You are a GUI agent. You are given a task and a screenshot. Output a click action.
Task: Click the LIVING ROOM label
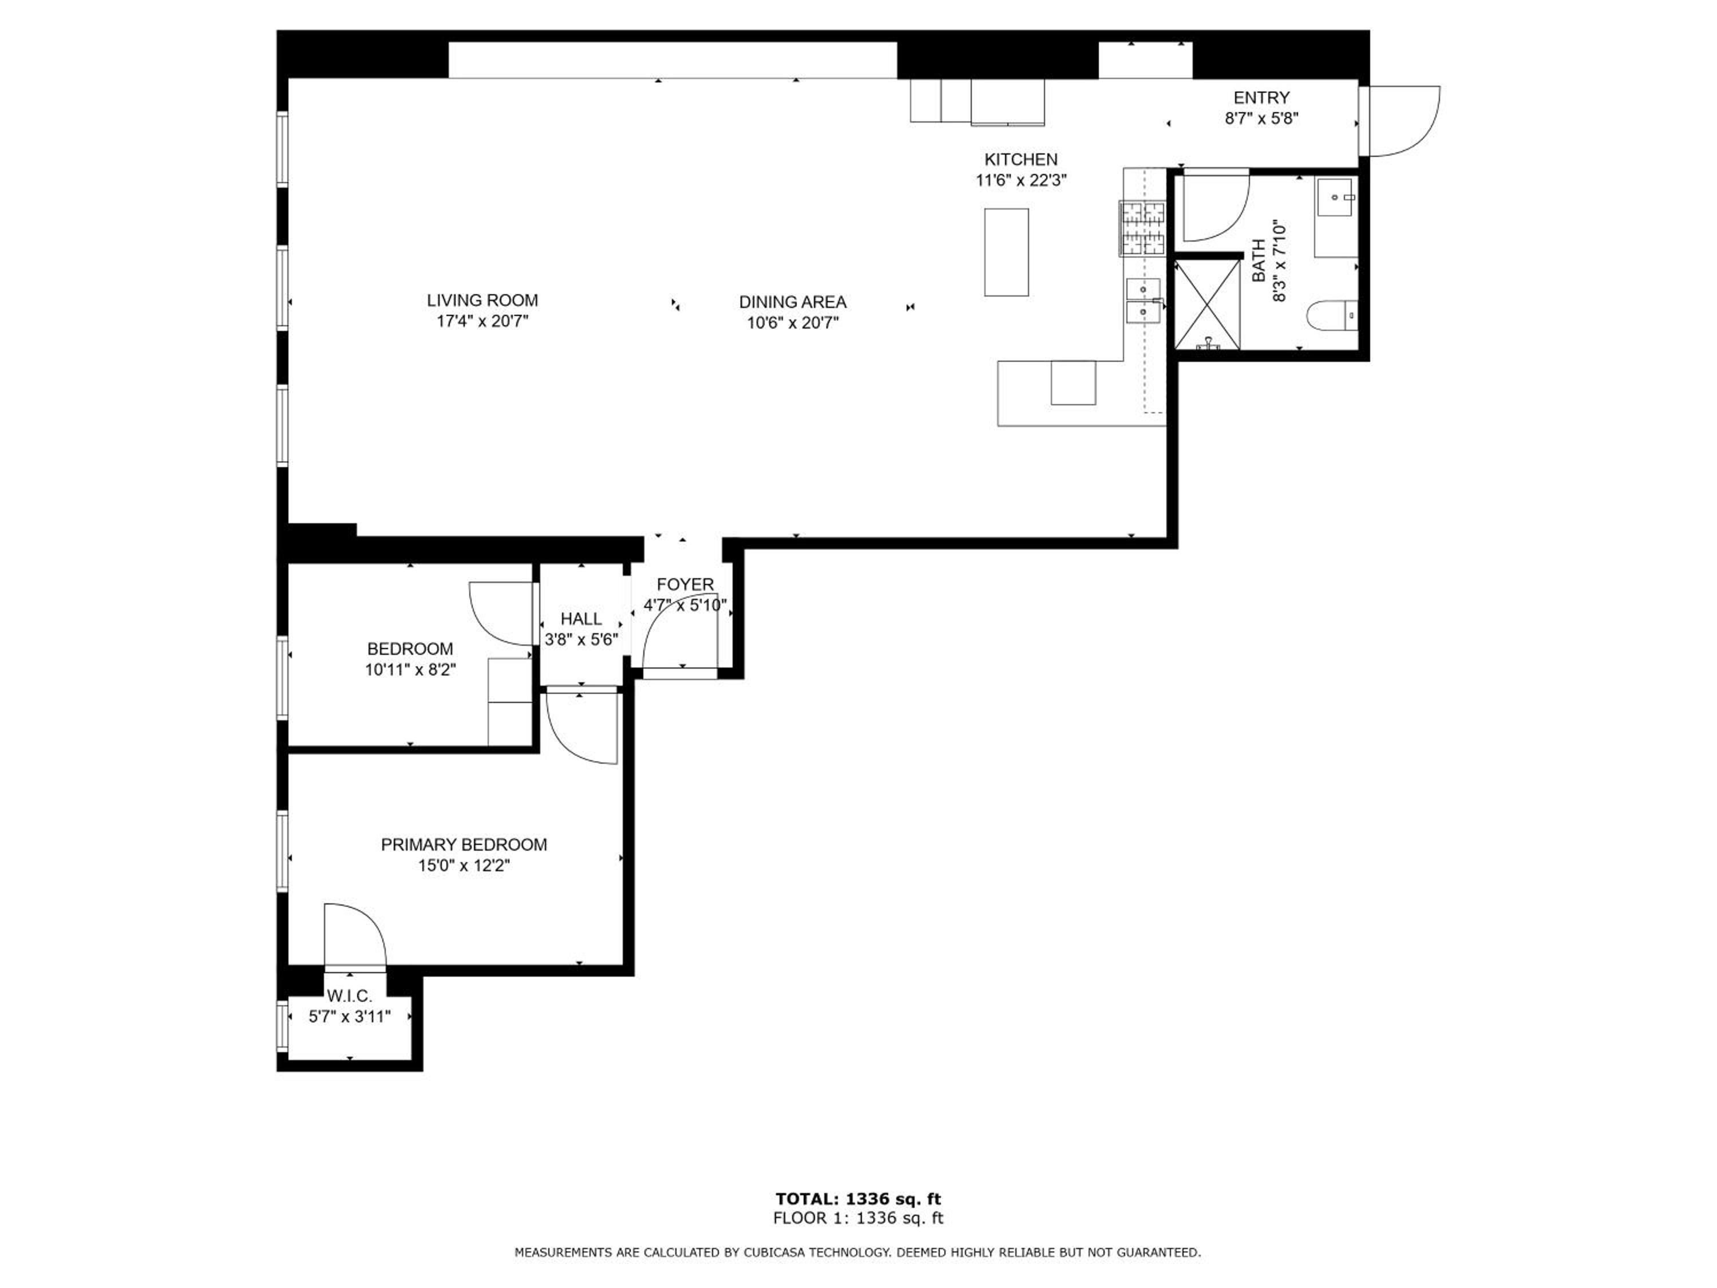482,301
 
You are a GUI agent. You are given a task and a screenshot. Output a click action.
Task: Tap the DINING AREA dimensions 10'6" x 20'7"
793,323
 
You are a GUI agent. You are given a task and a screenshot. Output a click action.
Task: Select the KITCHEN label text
1020,159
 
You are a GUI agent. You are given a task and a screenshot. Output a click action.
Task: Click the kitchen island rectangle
1007,252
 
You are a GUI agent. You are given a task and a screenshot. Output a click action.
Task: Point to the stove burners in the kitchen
1142,228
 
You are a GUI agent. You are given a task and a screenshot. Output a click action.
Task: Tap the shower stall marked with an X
1207,305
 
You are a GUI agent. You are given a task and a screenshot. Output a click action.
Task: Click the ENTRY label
1261,98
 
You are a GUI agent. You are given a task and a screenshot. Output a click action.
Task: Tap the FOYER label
685,584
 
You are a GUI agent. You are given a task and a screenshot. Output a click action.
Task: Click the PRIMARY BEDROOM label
464,845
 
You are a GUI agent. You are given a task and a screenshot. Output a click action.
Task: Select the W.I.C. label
350,996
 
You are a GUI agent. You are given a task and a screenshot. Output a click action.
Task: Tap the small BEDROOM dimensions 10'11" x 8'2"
410,669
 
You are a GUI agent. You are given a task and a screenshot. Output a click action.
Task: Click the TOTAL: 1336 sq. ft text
858,1199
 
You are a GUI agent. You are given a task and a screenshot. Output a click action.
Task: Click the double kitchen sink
1144,301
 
